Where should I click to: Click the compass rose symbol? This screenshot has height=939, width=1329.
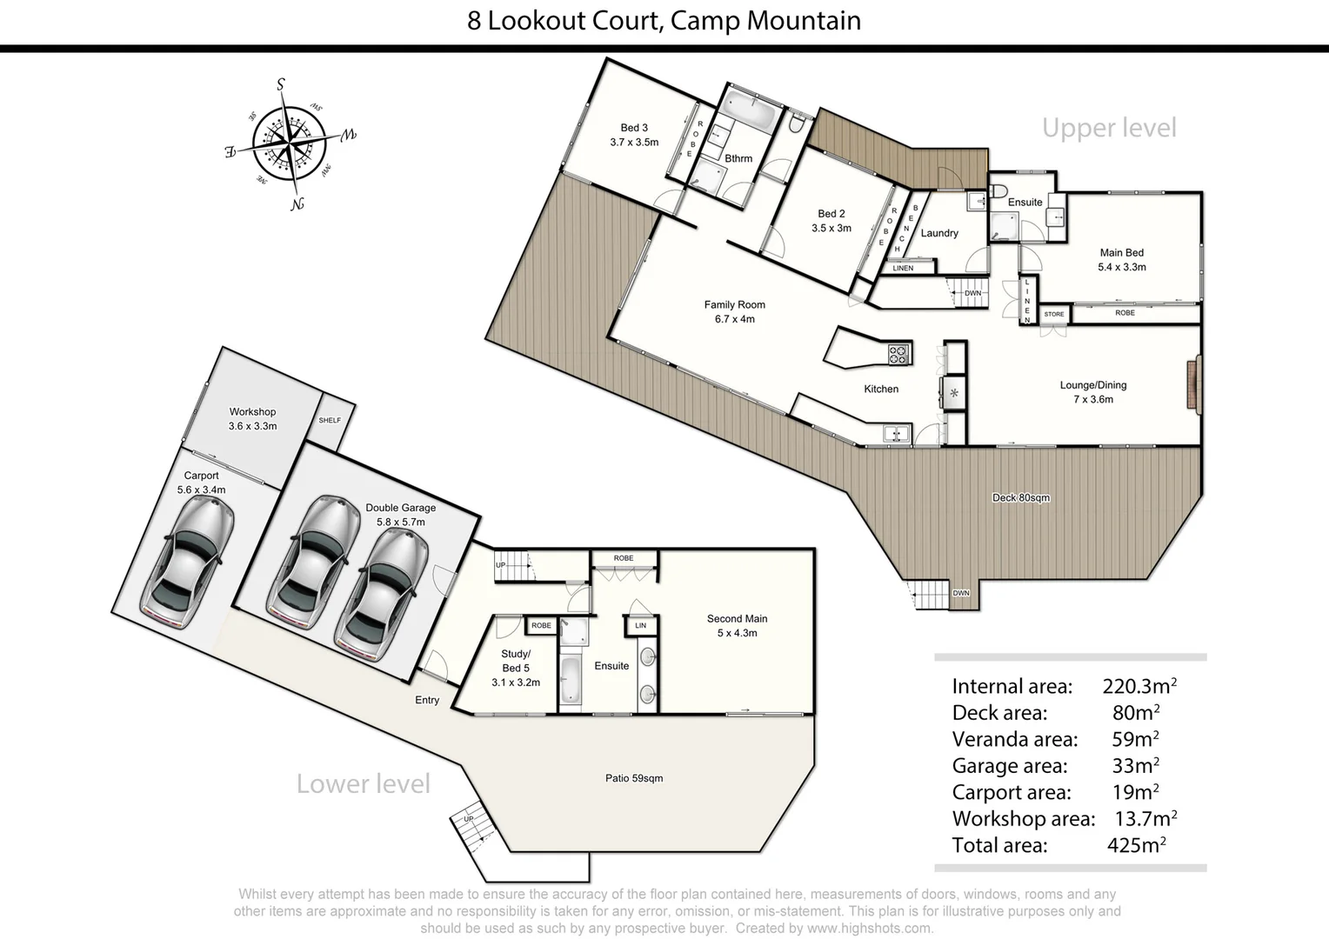290,143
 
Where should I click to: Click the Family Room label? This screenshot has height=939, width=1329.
735,311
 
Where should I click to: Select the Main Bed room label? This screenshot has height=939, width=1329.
1121,260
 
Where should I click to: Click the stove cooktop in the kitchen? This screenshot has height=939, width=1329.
898,354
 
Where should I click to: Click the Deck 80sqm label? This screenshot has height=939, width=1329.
1021,498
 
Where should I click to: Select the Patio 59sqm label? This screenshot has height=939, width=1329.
634,778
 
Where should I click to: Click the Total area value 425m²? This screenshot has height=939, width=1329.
1136,845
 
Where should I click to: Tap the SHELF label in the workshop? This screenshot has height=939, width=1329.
330,421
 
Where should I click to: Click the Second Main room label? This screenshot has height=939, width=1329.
737,626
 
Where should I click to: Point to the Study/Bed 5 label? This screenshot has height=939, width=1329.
516,668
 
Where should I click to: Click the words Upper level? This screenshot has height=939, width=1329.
1109,128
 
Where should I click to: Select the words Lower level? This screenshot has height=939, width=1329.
364,784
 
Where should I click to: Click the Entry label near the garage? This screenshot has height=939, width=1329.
427,700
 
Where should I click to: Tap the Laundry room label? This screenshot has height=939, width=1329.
939,233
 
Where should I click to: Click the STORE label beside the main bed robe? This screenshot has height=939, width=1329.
1054,314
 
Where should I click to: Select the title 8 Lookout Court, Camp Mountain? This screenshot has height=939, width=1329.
664,21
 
